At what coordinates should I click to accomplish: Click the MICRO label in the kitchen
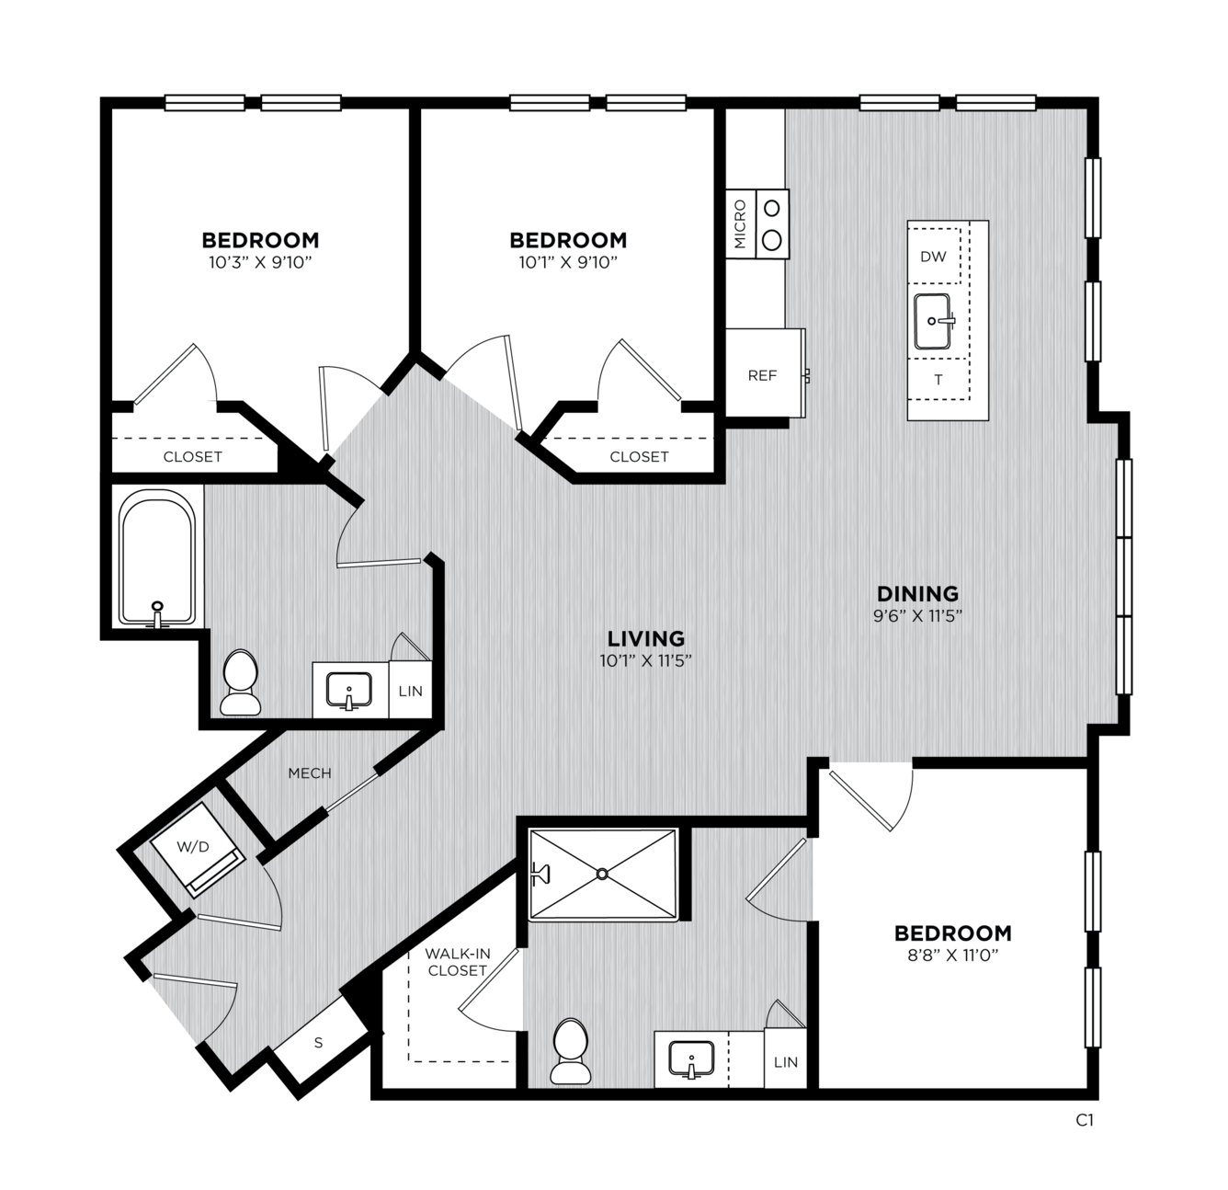pos(740,224)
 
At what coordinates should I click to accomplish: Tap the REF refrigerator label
pos(762,375)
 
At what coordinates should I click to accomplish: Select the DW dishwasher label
pos(933,257)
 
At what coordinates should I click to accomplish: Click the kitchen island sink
pos(933,321)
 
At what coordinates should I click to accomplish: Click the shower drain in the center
pos(602,874)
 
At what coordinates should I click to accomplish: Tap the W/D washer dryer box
pos(197,849)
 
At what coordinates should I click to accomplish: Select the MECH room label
pos(310,773)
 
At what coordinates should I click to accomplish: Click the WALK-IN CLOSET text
pos(458,961)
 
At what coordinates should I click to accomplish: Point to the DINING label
pos(917,593)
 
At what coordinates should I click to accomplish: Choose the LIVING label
pos(646,638)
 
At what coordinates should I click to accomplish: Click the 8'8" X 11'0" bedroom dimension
pos(953,955)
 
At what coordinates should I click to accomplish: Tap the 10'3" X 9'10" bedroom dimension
pos(261,263)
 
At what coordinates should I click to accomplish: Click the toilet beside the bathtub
pos(241,681)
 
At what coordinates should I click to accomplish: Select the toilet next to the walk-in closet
pos(571,1051)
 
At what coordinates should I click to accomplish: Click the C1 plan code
pos(1084,1120)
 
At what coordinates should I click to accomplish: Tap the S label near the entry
pos(319,1043)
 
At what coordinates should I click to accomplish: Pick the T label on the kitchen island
pos(938,380)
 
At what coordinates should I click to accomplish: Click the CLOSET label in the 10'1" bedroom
pos(639,456)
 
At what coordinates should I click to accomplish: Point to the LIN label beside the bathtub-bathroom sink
pos(410,692)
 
